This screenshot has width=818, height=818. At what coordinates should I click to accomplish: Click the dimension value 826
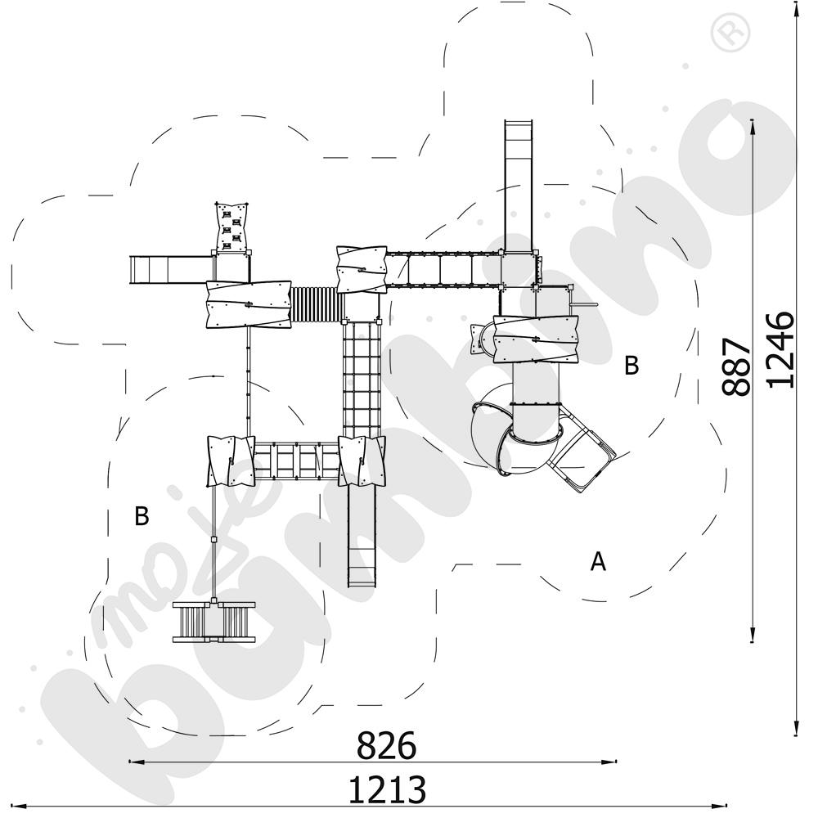click(x=386, y=746)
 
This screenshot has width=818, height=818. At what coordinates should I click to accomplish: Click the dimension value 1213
click(x=387, y=790)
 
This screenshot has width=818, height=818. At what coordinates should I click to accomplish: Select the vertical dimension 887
click(x=737, y=366)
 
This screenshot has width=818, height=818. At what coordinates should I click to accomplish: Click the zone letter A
click(x=599, y=562)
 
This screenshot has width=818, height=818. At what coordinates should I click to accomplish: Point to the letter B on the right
click(x=631, y=366)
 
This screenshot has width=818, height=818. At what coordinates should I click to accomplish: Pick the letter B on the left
click(x=142, y=517)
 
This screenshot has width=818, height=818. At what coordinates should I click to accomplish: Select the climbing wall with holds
click(x=231, y=227)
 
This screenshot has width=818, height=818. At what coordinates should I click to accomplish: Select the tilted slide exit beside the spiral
click(x=583, y=461)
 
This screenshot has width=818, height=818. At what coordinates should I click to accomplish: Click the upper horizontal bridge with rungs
click(x=443, y=269)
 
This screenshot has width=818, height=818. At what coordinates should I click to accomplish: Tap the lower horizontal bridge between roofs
click(x=296, y=460)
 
